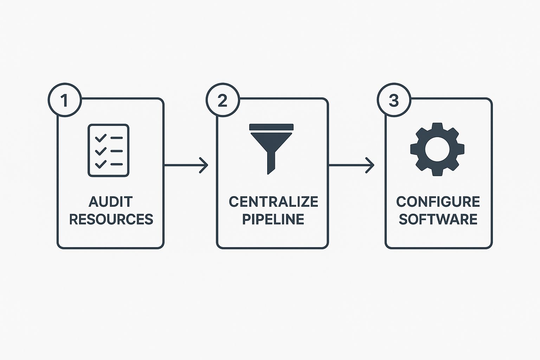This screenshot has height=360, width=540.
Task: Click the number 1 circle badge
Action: click(x=64, y=100)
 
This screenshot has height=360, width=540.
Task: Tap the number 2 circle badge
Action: click(x=223, y=100)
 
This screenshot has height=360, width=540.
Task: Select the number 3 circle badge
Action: click(x=394, y=100)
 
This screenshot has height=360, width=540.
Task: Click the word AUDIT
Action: click(x=111, y=202)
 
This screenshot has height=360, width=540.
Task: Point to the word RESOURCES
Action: click(x=111, y=219)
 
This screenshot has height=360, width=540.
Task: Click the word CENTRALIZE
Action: click(x=273, y=202)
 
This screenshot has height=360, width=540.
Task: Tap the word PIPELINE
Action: click(x=273, y=219)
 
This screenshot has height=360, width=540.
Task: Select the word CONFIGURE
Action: click(x=438, y=202)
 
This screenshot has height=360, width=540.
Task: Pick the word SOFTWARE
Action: click(x=438, y=219)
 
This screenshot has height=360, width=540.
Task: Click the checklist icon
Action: click(x=108, y=150)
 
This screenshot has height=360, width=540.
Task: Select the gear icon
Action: click(x=437, y=149)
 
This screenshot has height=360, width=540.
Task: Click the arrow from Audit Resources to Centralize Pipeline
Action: click(x=186, y=165)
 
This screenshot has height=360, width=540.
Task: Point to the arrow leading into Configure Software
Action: click(x=351, y=165)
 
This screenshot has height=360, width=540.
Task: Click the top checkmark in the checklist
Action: click(x=101, y=138)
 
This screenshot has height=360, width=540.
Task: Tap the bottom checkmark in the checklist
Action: click(x=101, y=164)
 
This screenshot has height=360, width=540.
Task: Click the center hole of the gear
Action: click(x=437, y=149)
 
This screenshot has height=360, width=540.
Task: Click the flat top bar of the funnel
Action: click(x=271, y=127)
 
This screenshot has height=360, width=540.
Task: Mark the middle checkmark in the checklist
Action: click(x=101, y=151)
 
